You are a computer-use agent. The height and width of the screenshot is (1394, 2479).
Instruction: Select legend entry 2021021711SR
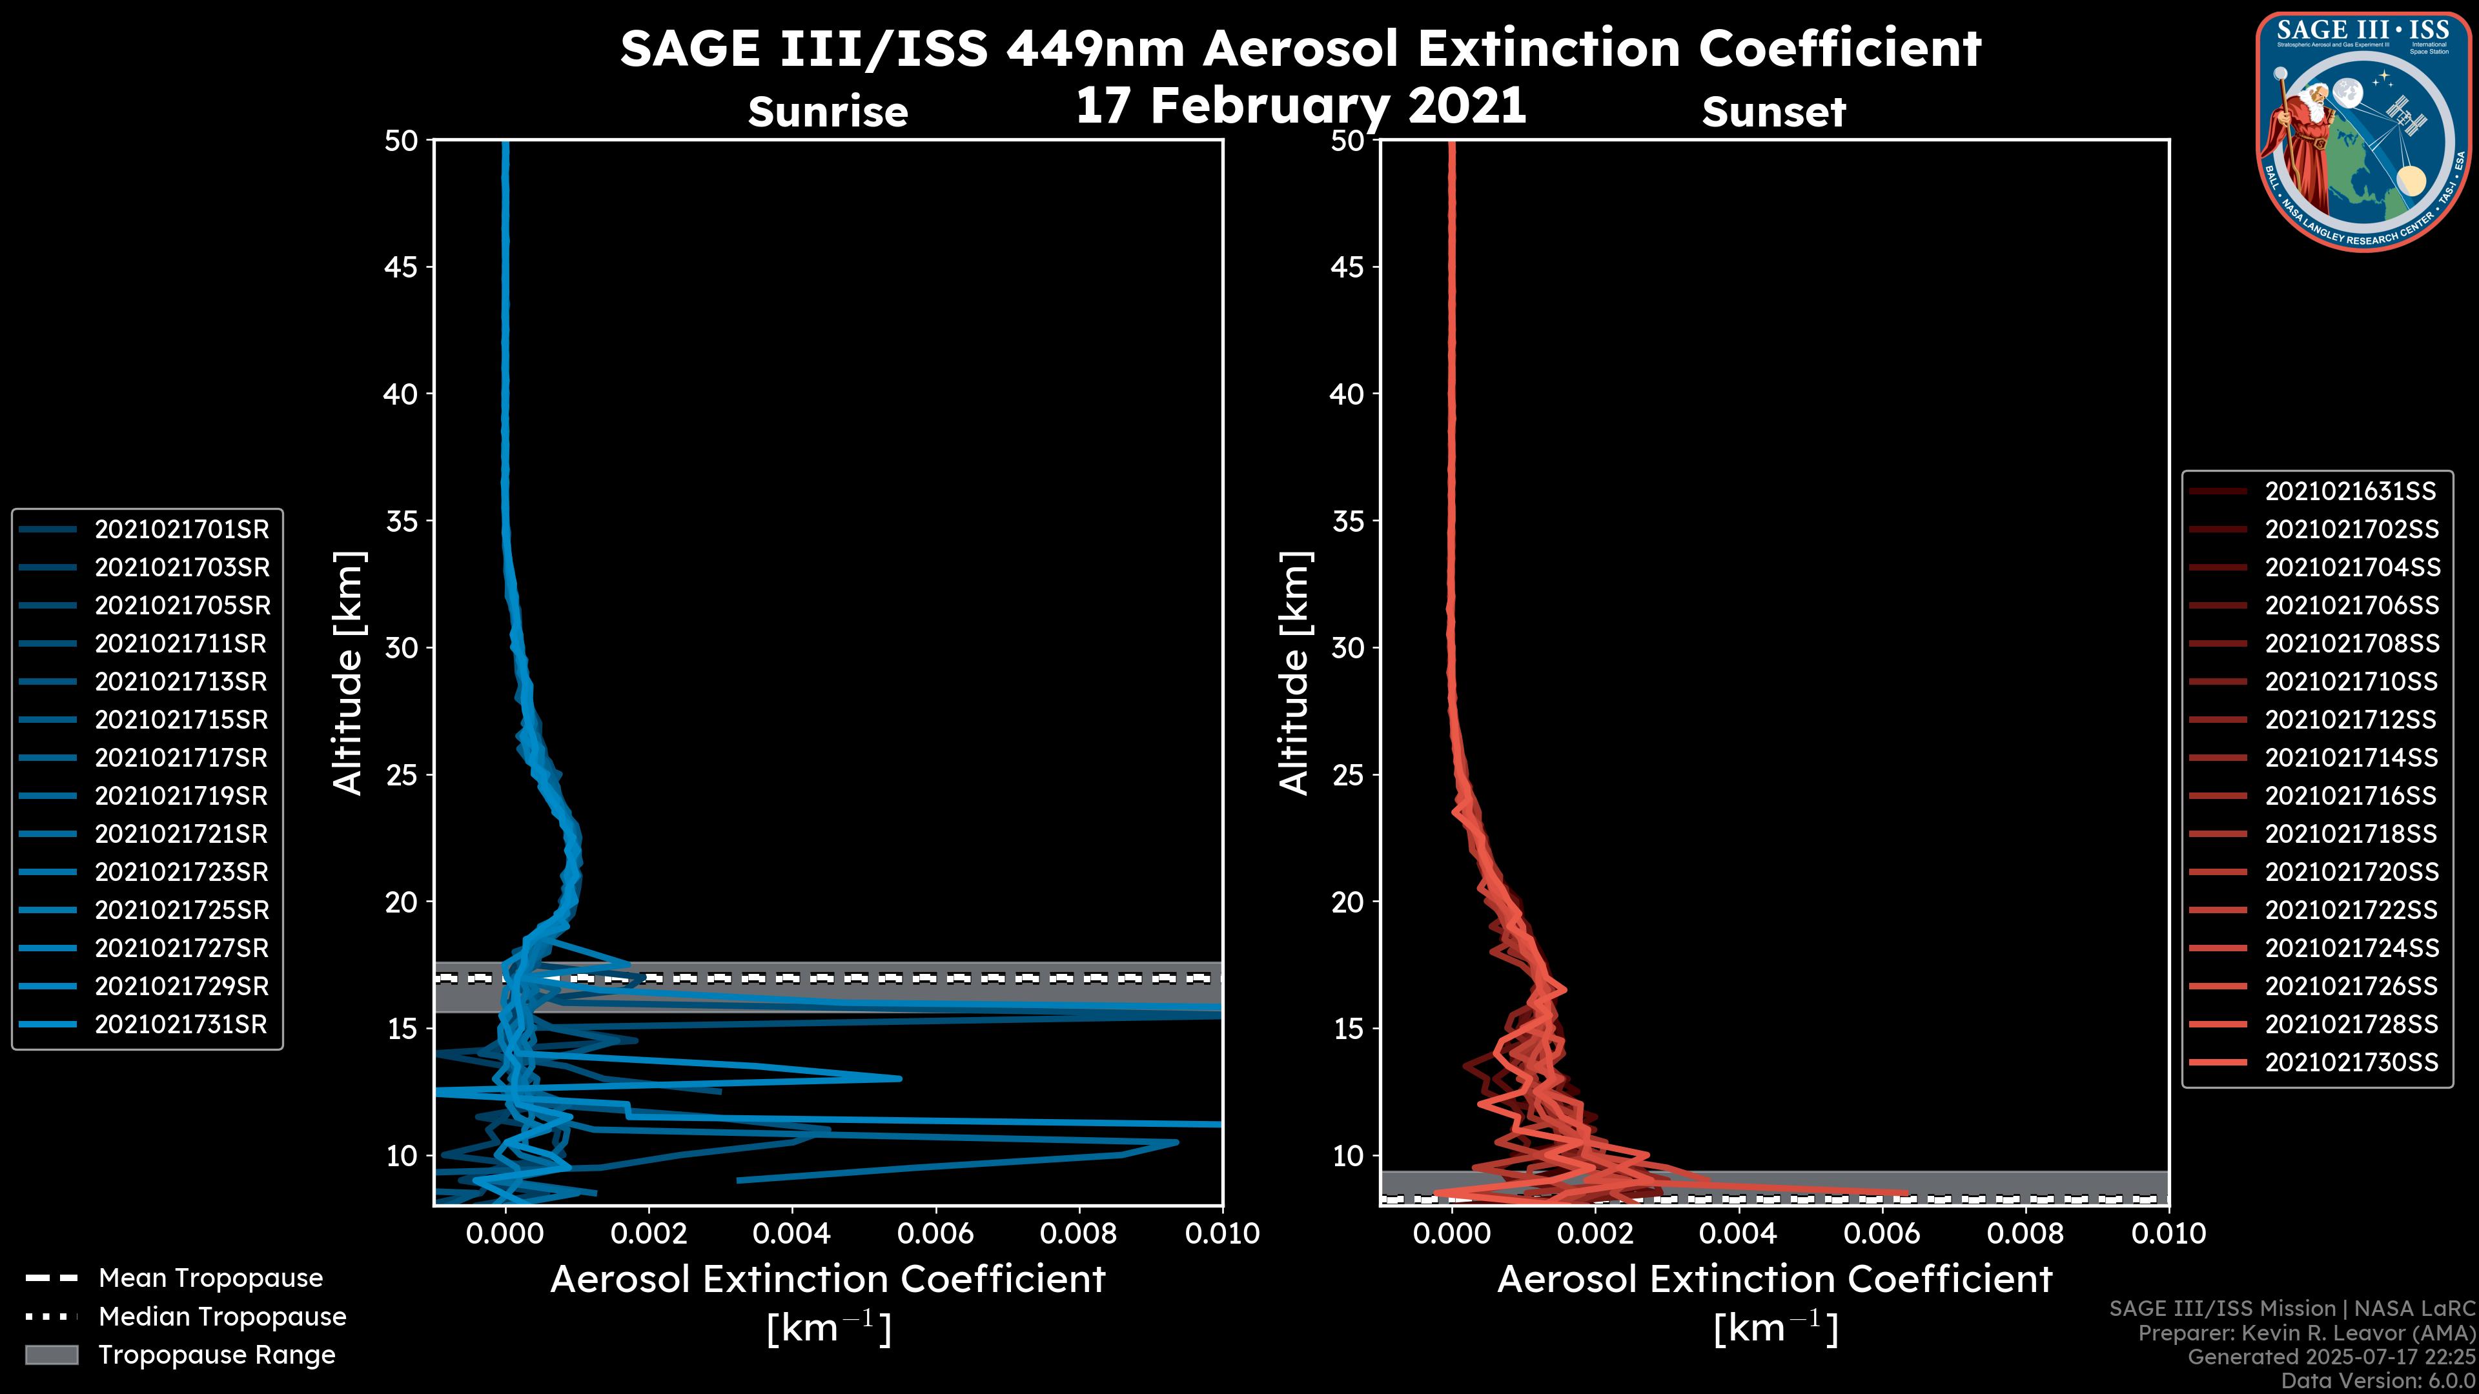coord(180,643)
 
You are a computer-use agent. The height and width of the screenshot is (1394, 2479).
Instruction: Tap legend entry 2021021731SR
coord(180,1025)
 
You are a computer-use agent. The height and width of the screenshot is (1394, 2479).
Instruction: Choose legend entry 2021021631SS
coord(2349,492)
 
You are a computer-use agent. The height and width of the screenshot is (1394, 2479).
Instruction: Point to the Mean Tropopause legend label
coord(210,1278)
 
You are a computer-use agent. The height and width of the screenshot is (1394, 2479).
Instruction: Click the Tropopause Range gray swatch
coord(51,1355)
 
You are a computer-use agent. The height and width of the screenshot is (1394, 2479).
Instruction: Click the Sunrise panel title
coord(828,112)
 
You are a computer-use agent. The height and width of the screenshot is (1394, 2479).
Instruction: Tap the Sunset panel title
coord(1773,112)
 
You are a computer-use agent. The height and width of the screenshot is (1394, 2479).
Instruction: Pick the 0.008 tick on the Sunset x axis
coord(2026,1233)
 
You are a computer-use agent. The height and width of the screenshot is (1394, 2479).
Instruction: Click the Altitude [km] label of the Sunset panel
coord(1295,673)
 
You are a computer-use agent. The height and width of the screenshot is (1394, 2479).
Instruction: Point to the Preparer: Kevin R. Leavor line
coord(2306,1333)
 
